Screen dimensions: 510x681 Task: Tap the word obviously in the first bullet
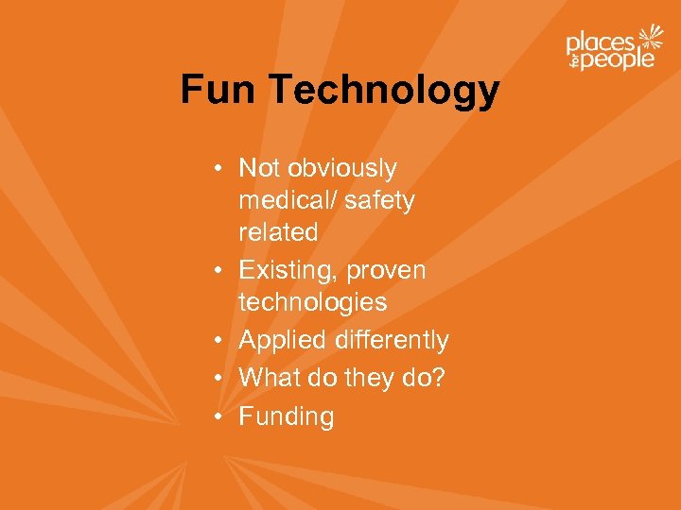342,169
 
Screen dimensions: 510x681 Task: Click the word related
278,232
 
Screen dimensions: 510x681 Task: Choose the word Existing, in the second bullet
288,271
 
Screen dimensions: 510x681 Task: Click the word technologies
313,302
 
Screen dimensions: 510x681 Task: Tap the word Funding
287,416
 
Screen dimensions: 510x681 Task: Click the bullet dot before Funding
218,416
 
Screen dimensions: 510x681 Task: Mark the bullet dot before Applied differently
218,340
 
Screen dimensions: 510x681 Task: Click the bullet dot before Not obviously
218,169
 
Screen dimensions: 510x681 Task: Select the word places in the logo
600,42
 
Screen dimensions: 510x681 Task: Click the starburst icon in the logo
651,40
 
